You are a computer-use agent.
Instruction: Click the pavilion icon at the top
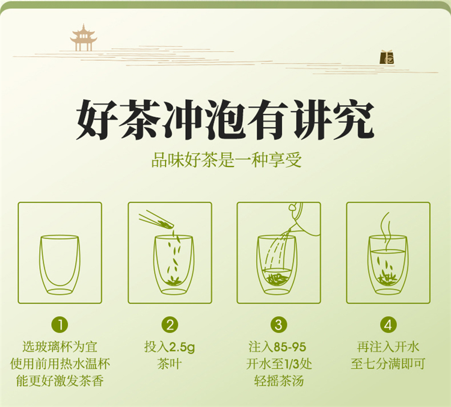(x=84, y=38)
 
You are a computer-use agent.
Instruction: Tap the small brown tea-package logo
(x=387, y=57)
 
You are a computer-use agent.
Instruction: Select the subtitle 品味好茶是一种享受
(x=226, y=161)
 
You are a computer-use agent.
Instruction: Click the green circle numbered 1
(x=60, y=325)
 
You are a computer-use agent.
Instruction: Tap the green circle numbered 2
(x=170, y=325)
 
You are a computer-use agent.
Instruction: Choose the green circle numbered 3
(x=278, y=325)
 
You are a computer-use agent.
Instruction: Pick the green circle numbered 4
(x=388, y=325)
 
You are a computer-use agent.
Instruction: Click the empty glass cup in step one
(x=60, y=265)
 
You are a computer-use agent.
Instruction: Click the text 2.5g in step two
(x=182, y=347)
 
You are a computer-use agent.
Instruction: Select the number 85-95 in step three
(x=290, y=347)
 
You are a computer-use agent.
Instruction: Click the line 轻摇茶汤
(x=279, y=381)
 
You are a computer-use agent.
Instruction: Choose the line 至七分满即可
(x=388, y=364)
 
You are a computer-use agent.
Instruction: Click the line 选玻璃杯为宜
(x=60, y=347)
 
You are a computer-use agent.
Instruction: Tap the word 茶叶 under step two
(x=170, y=364)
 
